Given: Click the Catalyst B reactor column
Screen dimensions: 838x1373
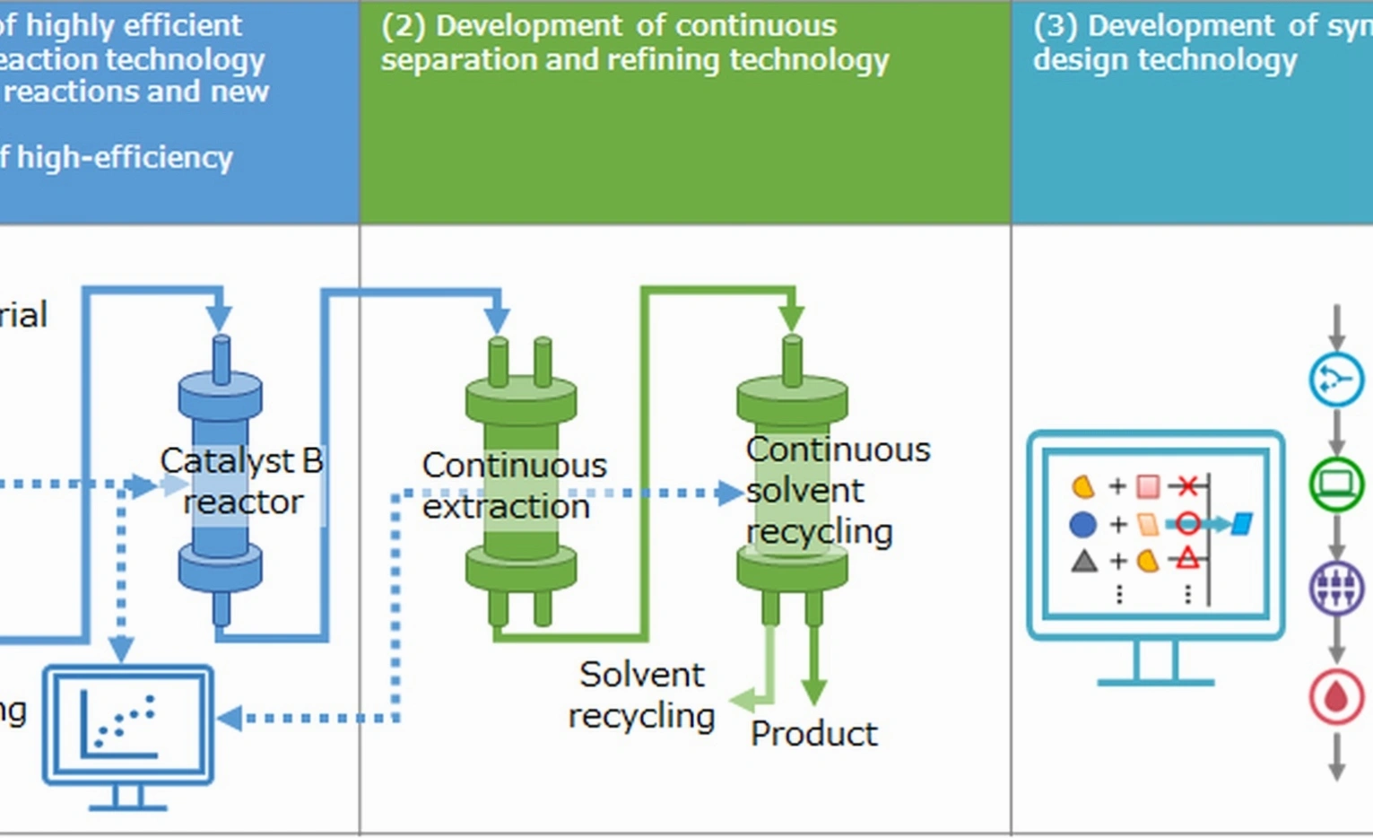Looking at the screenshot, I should coord(221,480).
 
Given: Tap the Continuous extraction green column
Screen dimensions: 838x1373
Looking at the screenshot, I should coord(521,484).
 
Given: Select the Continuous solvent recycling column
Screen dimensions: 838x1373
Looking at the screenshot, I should coord(792,484).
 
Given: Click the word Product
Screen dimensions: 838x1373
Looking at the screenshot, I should coord(813,734).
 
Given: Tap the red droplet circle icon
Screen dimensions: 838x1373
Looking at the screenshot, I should coord(1336,696).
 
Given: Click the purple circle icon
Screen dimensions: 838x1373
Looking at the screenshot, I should coord(1336,589).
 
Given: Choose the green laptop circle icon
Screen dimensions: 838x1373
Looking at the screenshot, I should coord(1336,484).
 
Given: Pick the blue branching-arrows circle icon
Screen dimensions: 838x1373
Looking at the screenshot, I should coord(1336,380).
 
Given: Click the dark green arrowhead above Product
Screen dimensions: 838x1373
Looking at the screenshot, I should coord(813,692).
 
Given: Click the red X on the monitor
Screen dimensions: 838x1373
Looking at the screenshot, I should coord(1187,486).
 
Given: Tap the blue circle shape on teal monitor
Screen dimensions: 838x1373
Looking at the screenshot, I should coord(1083,524).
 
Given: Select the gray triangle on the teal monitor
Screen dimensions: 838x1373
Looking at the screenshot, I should coord(1084,562).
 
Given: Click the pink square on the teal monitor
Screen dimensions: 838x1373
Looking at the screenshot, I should coord(1148,486).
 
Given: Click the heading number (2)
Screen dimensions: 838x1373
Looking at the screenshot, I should coord(403,26).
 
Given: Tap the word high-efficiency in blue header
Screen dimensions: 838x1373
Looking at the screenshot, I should coord(125,158).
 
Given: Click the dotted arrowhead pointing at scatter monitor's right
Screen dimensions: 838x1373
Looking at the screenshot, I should coord(229,718).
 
